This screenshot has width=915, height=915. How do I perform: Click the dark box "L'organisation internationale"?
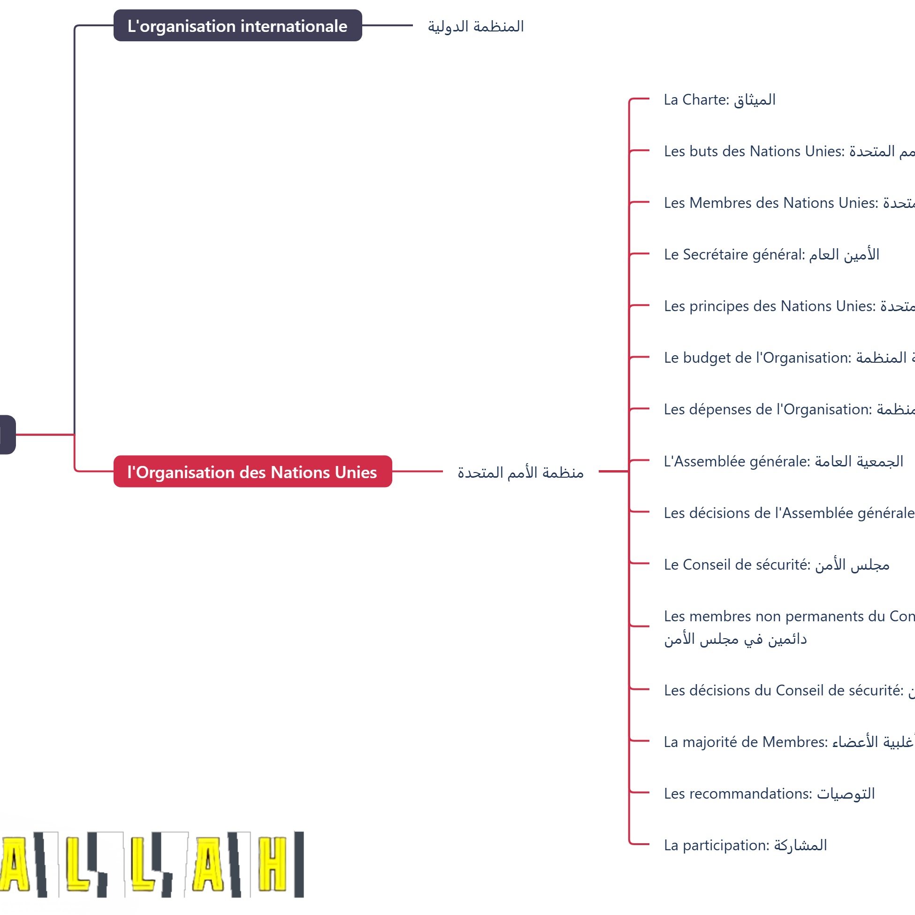click(237, 26)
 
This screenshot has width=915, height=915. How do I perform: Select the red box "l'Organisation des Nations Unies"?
click(252, 472)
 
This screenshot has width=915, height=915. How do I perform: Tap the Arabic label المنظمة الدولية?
click(475, 27)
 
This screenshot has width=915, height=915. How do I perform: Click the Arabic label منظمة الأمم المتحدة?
click(520, 473)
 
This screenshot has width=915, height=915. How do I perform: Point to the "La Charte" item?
click(719, 100)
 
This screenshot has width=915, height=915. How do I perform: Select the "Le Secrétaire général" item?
click(771, 255)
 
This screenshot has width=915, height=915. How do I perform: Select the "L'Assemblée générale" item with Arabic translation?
click(783, 461)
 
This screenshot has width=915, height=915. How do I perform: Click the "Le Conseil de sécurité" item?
click(776, 564)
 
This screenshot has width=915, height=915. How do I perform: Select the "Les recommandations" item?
click(769, 794)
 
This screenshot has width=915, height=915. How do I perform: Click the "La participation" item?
click(745, 846)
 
